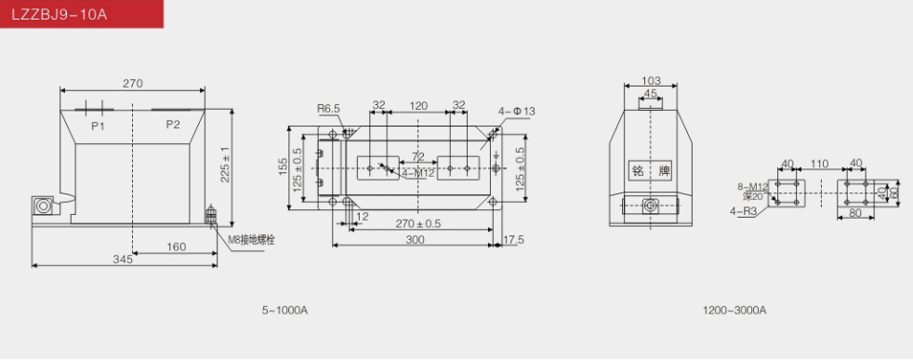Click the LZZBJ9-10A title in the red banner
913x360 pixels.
tap(60, 14)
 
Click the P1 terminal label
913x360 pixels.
tap(98, 126)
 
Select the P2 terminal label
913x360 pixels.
tap(173, 124)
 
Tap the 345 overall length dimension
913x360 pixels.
tap(123, 260)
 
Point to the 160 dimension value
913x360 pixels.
tap(176, 247)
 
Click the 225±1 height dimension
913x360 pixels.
tap(225, 165)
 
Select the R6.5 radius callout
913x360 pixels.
tap(328, 108)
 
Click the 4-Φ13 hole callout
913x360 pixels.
tap(517, 112)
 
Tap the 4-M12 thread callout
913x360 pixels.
tap(418, 172)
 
